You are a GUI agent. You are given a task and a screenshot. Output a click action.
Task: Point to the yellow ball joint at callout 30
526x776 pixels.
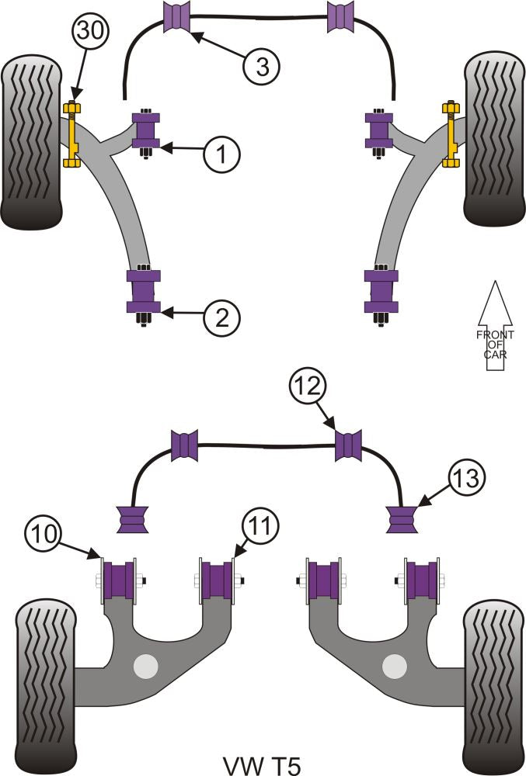click(74, 133)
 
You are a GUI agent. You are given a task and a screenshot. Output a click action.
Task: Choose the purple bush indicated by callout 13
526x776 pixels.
click(403, 518)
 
